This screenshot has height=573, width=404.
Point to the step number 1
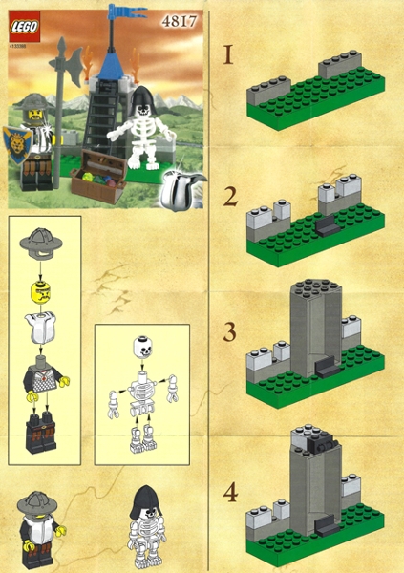click(227, 54)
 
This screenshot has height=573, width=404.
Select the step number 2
click(229, 197)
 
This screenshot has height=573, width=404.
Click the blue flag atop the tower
click(121, 12)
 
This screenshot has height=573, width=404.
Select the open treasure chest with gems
click(98, 172)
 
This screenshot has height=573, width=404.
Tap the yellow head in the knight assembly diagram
click(44, 290)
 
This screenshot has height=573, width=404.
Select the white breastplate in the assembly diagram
click(44, 331)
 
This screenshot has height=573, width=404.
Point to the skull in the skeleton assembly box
click(142, 348)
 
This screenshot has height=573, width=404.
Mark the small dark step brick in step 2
click(326, 225)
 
